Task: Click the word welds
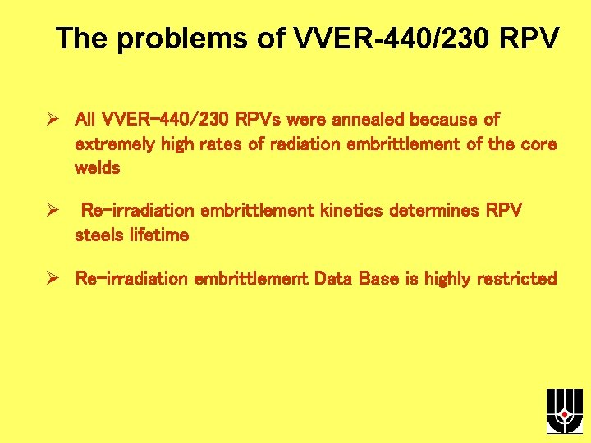97,168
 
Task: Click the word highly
451,279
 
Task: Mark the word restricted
520,279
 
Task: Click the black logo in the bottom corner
564,410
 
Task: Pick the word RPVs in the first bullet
259,120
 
